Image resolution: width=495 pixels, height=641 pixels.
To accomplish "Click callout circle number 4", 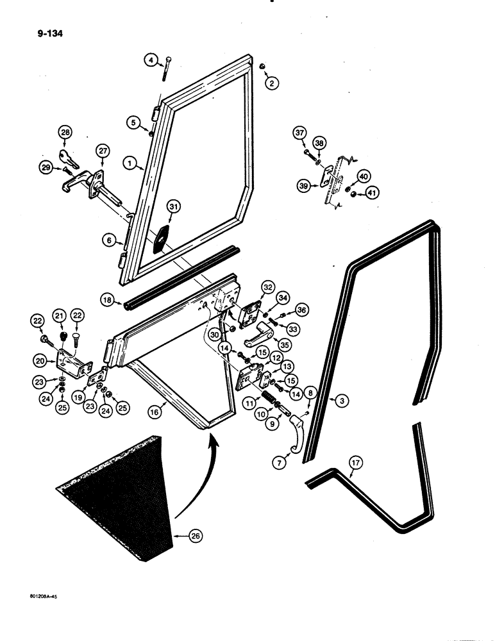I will click(x=151, y=60).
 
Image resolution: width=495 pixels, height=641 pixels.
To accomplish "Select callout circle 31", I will click(x=173, y=206).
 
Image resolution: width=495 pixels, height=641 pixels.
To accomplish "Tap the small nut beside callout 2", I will click(x=262, y=66).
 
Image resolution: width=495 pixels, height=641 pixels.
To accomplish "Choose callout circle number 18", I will click(x=107, y=299).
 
